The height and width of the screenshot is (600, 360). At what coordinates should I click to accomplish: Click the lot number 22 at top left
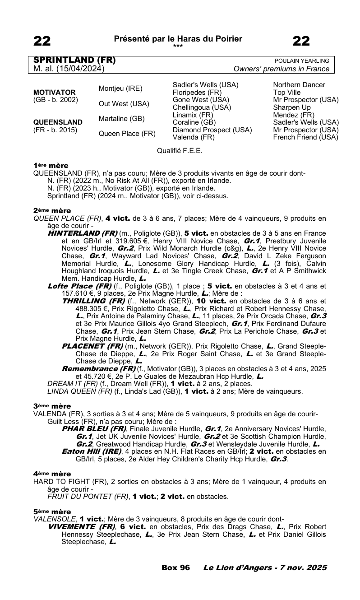pyautogui.click(x=42, y=41)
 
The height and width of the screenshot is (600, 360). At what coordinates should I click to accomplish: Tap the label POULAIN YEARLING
pyautogui.click(x=302, y=61)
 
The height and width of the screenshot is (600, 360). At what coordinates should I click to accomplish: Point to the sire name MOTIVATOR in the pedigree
pyautogui.click(x=55, y=92)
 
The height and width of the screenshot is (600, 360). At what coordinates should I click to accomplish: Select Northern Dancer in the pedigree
pyautogui.click(x=299, y=85)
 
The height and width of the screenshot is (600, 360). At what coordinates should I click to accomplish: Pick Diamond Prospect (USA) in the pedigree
pyautogui.click(x=212, y=130)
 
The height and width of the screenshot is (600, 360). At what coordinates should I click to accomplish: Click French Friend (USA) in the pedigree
pyautogui.click(x=305, y=137)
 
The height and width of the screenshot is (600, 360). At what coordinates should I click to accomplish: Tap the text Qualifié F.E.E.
pyautogui.click(x=180, y=150)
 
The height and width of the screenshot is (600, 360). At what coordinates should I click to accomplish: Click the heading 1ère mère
pyautogui.click(x=51, y=166)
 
